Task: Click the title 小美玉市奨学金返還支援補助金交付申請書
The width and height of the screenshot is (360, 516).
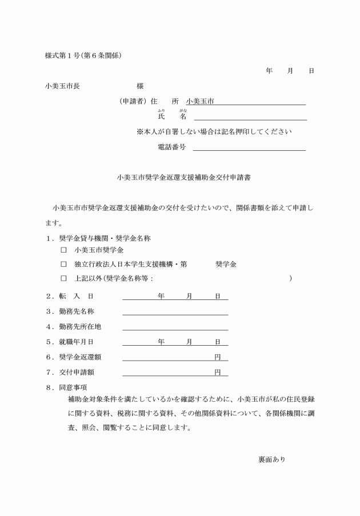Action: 181,177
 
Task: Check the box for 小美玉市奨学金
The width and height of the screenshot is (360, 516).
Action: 64,250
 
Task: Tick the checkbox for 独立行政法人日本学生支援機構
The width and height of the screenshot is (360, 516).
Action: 64,264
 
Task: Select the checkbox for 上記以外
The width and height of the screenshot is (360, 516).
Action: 64,278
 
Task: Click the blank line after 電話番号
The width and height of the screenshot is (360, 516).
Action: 249,148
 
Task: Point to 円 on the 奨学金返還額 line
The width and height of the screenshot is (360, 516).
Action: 217,357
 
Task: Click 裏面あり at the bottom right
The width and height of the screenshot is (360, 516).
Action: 272,459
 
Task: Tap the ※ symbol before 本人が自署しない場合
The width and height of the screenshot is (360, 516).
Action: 139,131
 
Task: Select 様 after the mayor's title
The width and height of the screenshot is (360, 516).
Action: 140,86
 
